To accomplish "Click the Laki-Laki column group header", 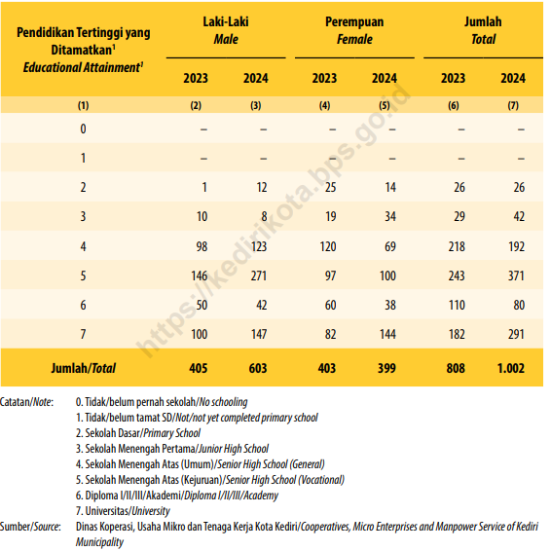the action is [x=226, y=21].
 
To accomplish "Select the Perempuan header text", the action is [x=354, y=22].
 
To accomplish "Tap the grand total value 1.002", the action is [x=510, y=368].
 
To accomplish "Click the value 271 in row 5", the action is [x=259, y=275].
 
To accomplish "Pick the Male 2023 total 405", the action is [x=199, y=368].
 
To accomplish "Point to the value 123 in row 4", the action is [x=259, y=246].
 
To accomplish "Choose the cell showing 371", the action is [x=516, y=275].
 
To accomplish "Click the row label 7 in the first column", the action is [x=83, y=334].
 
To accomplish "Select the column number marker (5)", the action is [x=385, y=105].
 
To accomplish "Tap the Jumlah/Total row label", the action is [x=84, y=368].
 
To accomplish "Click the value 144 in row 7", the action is [x=387, y=334].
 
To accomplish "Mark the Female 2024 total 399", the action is [x=386, y=368].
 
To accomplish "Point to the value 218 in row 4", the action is [x=457, y=246].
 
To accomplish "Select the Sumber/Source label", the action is [x=30, y=527].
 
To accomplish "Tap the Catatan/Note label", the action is [x=26, y=402].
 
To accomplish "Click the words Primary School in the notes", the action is [x=172, y=433].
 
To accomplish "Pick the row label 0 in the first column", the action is [x=83, y=129].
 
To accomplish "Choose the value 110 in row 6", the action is [x=457, y=305].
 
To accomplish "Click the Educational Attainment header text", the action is [x=83, y=67].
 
